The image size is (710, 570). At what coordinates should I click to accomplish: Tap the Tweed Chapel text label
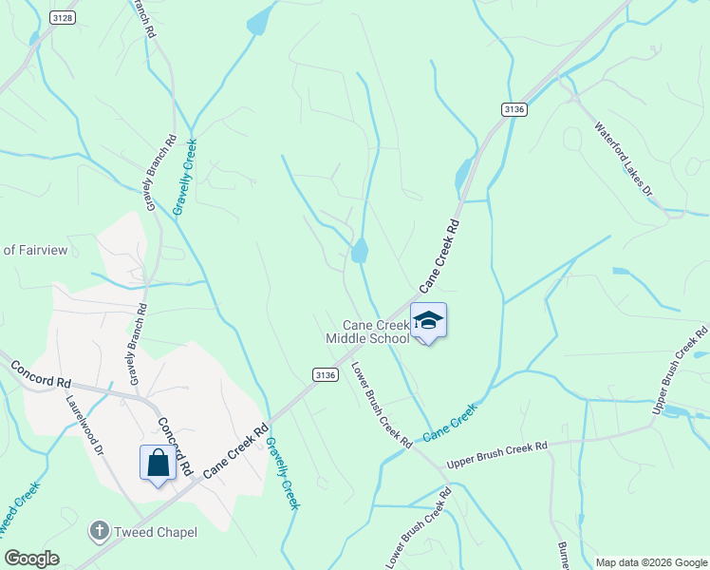[x=156, y=532]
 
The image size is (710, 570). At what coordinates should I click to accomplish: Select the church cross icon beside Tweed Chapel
[x=100, y=531]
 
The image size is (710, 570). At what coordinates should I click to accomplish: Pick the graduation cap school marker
[x=428, y=321]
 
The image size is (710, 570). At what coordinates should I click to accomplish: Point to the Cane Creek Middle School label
[x=368, y=332]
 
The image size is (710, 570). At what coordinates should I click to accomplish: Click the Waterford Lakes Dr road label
[x=625, y=159]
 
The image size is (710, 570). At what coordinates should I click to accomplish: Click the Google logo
[x=31, y=559]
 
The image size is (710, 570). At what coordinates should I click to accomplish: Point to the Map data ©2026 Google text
[x=650, y=562]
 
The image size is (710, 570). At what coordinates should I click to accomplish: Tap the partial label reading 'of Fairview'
[x=34, y=250]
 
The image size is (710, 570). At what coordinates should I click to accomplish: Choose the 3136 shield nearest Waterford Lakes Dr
[x=514, y=110]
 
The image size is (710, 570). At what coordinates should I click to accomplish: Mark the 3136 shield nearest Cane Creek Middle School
[x=325, y=375]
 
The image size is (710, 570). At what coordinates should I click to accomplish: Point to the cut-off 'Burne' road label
[x=562, y=554]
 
